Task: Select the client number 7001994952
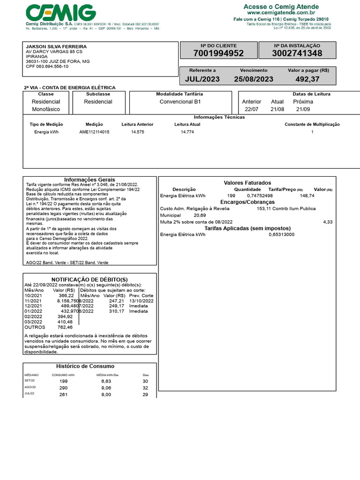click(x=218, y=53)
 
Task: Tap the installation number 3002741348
click(x=297, y=53)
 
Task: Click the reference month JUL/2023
click(x=202, y=79)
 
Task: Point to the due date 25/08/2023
click(x=254, y=79)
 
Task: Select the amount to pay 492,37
click(x=307, y=79)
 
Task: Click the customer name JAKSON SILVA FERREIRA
click(x=56, y=47)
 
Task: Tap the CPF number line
click(x=47, y=67)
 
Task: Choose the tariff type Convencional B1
click(x=180, y=102)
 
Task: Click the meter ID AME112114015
click(x=94, y=132)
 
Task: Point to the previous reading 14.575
click(x=138, y=132)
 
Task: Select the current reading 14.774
click(x=187, y=132)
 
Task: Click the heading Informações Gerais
click(x=89, y=180)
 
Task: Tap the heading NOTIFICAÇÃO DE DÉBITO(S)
click(x=89, y=279)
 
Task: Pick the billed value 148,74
click(x=307, y=195)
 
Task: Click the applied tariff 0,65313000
click(x=282, y=234)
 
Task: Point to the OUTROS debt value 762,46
click(x=65, y=327)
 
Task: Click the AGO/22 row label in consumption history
click(x=30, y=387)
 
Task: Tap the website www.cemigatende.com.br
click(x=281, y=13)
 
